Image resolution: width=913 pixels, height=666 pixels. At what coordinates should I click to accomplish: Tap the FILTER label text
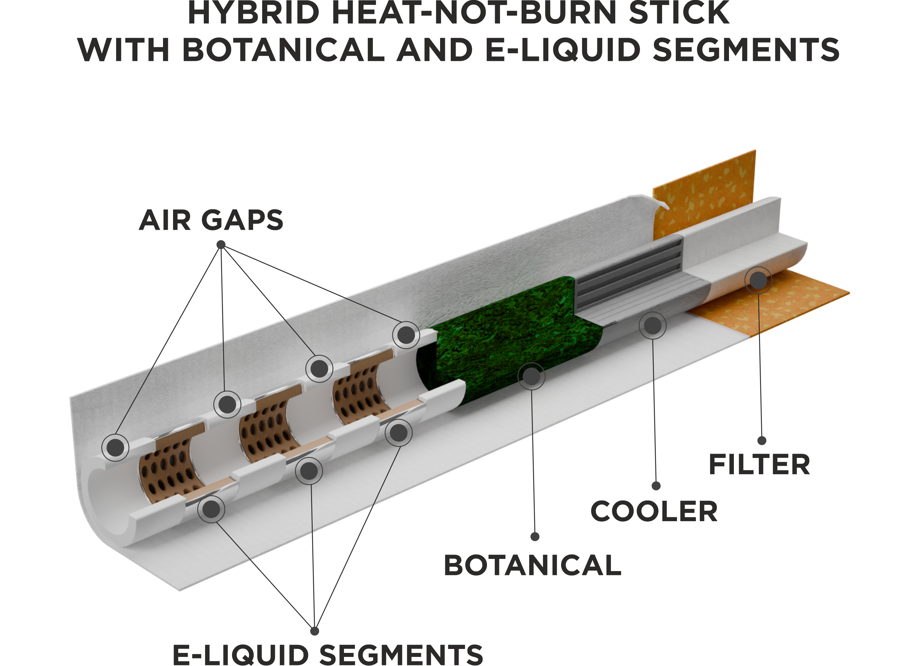click(x=759, y=465)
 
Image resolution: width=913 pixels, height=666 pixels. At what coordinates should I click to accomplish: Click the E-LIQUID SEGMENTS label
click(x=328, y=655)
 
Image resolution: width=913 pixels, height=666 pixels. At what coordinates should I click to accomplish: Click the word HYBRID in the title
click(x=254, y=13)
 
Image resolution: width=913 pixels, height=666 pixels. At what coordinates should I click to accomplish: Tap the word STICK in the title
click(x=679, y=13)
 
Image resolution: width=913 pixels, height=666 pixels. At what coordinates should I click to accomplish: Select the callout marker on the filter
click(x=758, y=280)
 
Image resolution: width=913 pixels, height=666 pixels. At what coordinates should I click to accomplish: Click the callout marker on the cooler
click(x=653, y=325)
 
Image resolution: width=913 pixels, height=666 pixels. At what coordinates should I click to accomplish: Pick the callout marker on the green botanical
click(x=531, y=376)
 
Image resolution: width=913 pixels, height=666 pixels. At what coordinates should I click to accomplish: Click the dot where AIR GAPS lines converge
click(x=221, y=245)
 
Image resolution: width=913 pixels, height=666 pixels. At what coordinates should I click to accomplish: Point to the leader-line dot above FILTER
click(x=762, y=441)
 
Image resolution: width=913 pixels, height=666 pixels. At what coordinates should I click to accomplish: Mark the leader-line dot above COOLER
click(x=656, y=486)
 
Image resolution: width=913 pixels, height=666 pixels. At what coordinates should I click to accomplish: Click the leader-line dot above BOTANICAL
click(x=535, y=537)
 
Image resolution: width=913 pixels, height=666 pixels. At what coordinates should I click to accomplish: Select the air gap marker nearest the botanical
click(x=406, y=335)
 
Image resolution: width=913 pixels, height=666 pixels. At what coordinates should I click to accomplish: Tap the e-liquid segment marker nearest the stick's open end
click(x=211, y=509)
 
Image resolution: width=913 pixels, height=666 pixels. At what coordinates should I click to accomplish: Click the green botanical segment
click(x=510, y=343)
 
